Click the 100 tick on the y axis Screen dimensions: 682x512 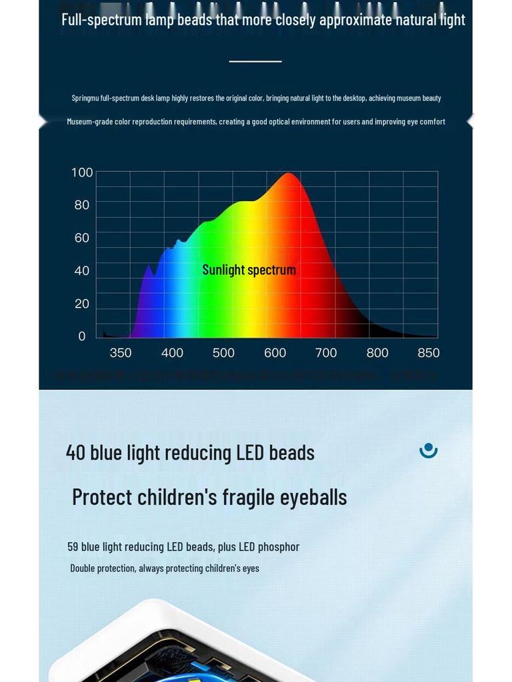(82, 172)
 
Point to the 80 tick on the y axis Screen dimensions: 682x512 (82, 205)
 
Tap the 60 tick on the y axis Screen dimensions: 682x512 (82, 238)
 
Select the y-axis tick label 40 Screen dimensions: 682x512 (82, 270)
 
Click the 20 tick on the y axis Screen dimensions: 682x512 (82, 304)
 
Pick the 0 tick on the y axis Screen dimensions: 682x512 (82, 336)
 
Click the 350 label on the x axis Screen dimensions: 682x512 (121, 353)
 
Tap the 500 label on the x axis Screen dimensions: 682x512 (223, 353)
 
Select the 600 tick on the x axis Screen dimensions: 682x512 (275, 353)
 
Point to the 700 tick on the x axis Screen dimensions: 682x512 (326, 353)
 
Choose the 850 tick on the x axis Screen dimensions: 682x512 (429, 353)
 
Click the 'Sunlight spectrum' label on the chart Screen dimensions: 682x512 (249, 270)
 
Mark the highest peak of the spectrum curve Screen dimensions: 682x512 (289, 174)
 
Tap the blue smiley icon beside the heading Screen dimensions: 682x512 (429, 450)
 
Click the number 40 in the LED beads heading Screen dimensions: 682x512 (75, 453)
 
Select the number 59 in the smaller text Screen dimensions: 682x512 (73, 547)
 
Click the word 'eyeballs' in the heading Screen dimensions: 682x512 (313, 498)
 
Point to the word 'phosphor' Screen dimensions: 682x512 (279, 547)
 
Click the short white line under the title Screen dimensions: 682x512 (255, 61)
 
